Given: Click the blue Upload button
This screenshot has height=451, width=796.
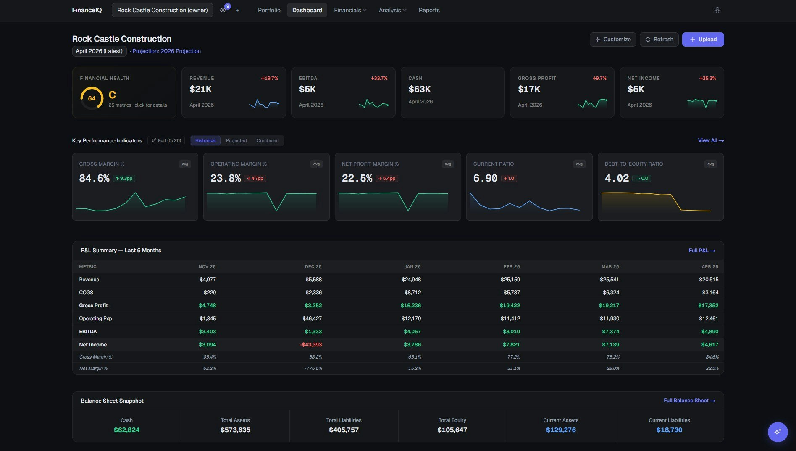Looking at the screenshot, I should coord(703,40).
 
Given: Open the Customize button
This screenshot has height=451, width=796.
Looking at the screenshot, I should coord(612,40).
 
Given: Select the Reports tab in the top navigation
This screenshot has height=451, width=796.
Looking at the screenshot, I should coord(429,10).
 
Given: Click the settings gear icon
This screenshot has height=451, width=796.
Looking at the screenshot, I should coord(717,10).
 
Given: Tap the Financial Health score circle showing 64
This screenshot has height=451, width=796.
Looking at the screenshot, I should coord(92,98).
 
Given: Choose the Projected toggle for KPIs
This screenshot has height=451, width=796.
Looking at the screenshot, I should coord(236,140).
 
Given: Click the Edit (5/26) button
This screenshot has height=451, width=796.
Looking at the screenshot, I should coord(166,140).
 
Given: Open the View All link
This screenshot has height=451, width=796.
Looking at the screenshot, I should coord(710,140).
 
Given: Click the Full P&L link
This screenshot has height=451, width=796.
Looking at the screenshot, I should coord(701,251).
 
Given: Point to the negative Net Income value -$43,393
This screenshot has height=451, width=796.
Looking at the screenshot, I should coord(310,345).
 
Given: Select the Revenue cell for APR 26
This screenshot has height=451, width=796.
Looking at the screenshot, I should coord(708,280).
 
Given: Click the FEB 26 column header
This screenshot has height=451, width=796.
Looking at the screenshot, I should coord(511,267).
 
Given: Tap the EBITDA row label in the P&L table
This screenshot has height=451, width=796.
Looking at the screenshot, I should coord(88,332).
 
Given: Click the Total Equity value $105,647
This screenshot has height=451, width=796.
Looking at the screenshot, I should coord(452,430).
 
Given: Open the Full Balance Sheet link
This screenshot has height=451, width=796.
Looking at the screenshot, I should coord(689,401).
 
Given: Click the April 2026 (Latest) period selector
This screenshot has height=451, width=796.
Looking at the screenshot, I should coord(99,51).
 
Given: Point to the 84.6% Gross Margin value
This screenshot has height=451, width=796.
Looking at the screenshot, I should coord(94,178).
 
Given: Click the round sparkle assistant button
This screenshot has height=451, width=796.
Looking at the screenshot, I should coord(778,432).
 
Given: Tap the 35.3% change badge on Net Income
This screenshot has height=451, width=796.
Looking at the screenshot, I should coord(707,79).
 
